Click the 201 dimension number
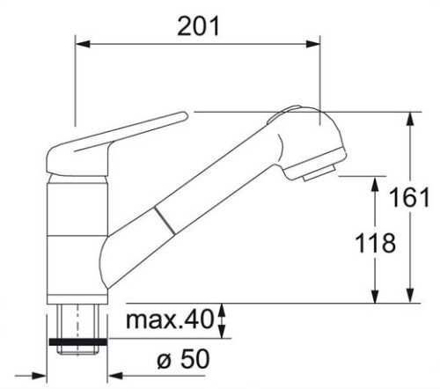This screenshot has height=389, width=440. (x=198, y=26)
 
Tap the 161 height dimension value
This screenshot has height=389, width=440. (x=409, y=197)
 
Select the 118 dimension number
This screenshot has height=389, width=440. (x=375, y=243)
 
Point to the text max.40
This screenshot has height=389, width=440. (x=169, y=319)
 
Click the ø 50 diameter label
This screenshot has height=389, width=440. (x=184, y=359)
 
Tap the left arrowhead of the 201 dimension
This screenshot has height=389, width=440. (x=82, y=44)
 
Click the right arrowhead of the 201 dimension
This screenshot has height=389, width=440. (x=312, y=44)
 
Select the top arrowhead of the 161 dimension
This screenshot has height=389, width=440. (x=411, y=119)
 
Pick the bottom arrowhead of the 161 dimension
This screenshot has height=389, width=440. (x=411, y=296)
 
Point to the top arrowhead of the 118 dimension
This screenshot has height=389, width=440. (x=375, y=184)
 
